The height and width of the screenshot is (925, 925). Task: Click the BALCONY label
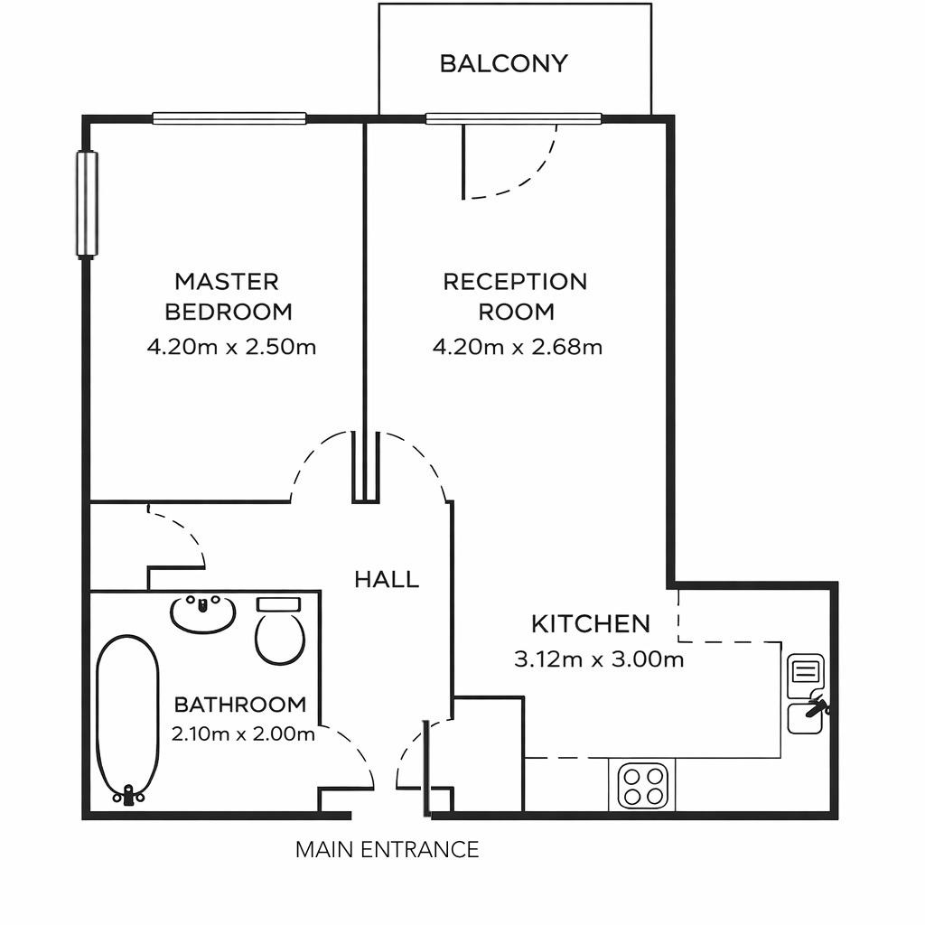504,63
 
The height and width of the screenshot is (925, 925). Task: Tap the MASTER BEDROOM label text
229,296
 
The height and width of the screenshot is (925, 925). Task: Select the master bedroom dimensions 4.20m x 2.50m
232,347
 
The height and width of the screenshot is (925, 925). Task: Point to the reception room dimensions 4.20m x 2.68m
518,347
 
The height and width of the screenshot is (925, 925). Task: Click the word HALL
387,579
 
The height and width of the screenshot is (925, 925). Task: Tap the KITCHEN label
591,623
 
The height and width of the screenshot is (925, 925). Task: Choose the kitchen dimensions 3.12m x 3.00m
599,659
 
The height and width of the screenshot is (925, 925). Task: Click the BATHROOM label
240,704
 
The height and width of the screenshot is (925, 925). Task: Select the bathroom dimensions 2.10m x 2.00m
243,733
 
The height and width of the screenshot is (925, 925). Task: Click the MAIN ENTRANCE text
387,849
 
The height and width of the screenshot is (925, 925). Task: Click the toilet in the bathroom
280,631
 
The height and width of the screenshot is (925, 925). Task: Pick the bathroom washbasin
203,613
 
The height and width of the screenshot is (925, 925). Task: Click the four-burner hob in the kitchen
642,785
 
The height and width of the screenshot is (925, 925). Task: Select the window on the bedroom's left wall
87,205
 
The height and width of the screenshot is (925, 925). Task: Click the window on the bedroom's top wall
229,118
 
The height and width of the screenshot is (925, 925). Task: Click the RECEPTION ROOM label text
515,296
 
